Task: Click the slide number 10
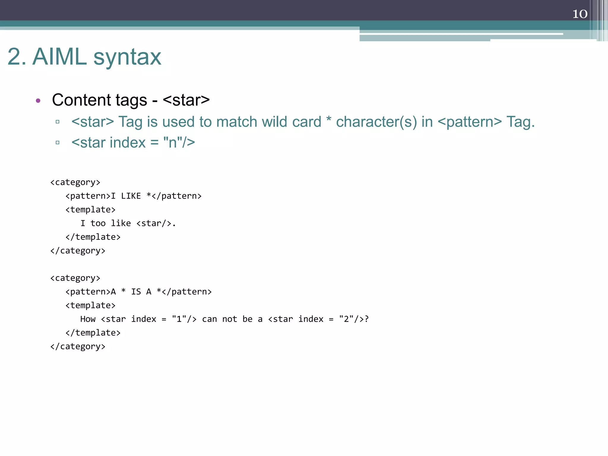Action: pos(580,14)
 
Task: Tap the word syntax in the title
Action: pos(127,57)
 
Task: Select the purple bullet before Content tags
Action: pos(38,101)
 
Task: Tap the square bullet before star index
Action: pos(58,142)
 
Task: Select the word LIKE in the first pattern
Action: pos(131,196)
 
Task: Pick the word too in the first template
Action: pos(98,223)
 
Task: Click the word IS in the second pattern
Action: pos(136,292)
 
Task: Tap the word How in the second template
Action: pos(88,319)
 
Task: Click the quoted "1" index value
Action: pos(179,319)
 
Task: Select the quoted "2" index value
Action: pos(346,319)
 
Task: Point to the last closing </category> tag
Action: pos(78,346)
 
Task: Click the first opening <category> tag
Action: pos(75,182)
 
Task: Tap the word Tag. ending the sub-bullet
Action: pos(520,122)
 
